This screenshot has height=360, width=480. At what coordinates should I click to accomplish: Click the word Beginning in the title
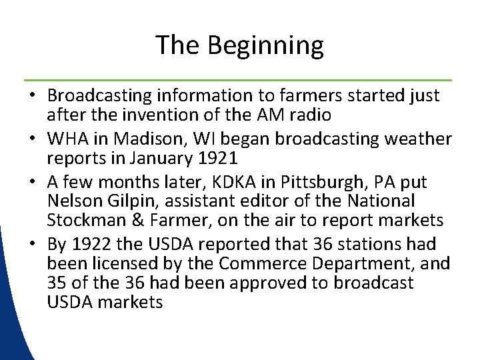click(265, 46)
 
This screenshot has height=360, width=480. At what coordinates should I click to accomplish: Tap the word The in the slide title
click(178, 45)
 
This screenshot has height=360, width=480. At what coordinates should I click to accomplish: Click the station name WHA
click(65, 139)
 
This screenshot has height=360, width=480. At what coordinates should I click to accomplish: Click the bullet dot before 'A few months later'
click(33, 182)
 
